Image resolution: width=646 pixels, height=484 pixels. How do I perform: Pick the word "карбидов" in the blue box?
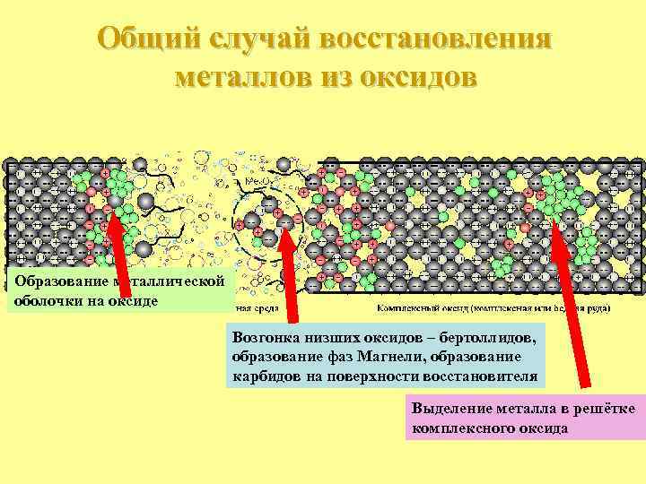coord(264,376)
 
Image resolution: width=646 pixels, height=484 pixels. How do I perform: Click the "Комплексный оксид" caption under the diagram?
coord(417,307)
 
